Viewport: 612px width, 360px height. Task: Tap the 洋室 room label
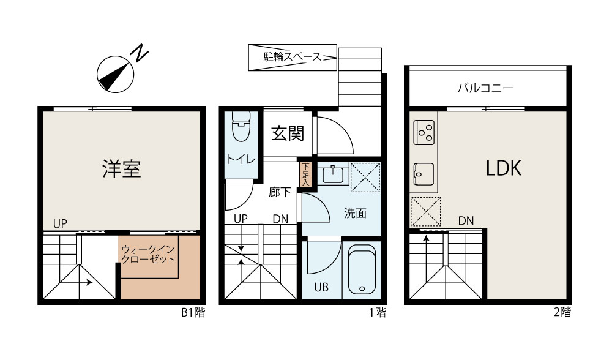tap(121, 169)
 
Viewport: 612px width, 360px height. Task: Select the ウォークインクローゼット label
tap(149, 254)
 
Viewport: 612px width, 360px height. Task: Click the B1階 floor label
tap(193, 313)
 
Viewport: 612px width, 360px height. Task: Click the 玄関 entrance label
tap(288, 133)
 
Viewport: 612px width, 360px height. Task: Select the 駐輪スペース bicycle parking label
tap(292, 58)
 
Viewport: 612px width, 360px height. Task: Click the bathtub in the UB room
tap(362, 270)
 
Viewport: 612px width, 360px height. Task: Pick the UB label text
tap(321, 287)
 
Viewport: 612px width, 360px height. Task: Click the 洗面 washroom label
tap(355, 214)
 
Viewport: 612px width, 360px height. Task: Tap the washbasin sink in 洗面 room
tap(333, 174)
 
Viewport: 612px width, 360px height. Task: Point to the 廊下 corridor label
tap(280, 192)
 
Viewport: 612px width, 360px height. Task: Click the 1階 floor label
tap(377, 313)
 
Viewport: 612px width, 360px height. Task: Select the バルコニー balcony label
tap(485, 88)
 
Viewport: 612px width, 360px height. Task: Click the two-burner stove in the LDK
tap(424, 130)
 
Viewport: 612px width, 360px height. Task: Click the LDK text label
tap(503, 169)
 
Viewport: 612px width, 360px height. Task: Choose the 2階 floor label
tap(562, 313)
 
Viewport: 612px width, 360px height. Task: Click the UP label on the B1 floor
tap(59, 223)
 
